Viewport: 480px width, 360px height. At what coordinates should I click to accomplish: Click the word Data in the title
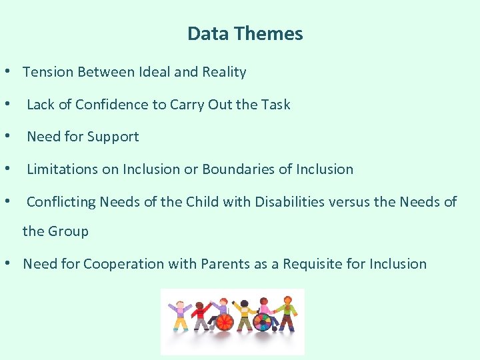[203, 33]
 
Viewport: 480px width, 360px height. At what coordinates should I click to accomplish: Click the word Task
[275, 105]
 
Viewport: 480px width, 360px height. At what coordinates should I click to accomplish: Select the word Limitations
[62, 169]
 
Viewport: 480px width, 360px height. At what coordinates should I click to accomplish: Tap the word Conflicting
[61, 202]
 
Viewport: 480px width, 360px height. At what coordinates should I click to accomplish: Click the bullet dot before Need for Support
[7, 137]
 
